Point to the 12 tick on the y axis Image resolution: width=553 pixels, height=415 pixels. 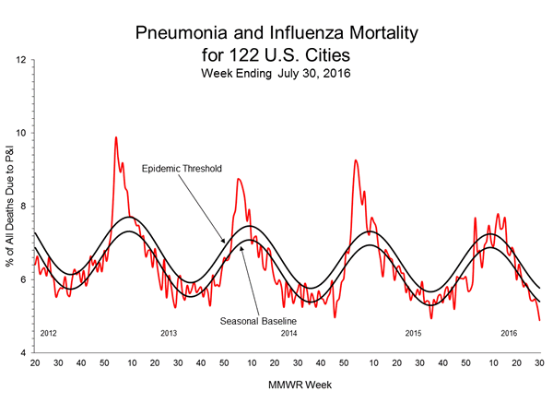point(21,60)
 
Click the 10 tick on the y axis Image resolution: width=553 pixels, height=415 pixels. point(21,133)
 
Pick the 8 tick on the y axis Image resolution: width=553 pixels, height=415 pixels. point(24,207)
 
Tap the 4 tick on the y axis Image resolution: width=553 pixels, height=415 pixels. point(24,353)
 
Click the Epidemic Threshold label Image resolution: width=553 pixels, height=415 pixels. point(187,170)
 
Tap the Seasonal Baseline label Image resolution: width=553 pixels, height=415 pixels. point(254,321)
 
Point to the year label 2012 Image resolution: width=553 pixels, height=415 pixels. point(49,332)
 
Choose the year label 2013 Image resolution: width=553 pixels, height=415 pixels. point(169,332)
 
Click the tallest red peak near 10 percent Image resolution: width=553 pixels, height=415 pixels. point(115,137)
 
